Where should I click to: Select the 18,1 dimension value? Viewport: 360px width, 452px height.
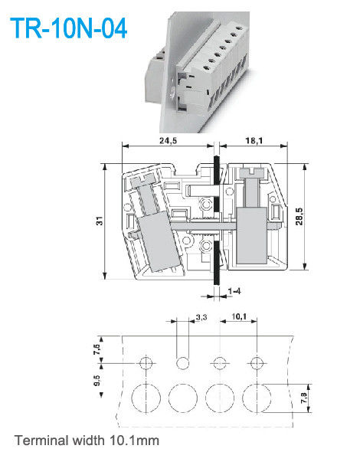tap(254, 141)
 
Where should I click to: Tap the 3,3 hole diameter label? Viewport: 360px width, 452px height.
tap(201, 316)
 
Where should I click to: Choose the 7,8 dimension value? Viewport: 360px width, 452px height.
tap(304, 396)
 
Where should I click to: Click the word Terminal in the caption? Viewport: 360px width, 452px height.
tap(40, 440)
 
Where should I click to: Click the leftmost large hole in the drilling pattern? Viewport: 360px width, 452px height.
tap(146, 398)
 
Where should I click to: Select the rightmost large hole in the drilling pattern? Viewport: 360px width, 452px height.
tap(257, 398)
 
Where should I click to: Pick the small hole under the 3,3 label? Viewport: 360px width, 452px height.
tap(183, 362)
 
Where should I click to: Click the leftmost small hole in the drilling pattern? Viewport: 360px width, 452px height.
tap(146, 362)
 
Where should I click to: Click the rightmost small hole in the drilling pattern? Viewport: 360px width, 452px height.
tap(257, 362)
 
